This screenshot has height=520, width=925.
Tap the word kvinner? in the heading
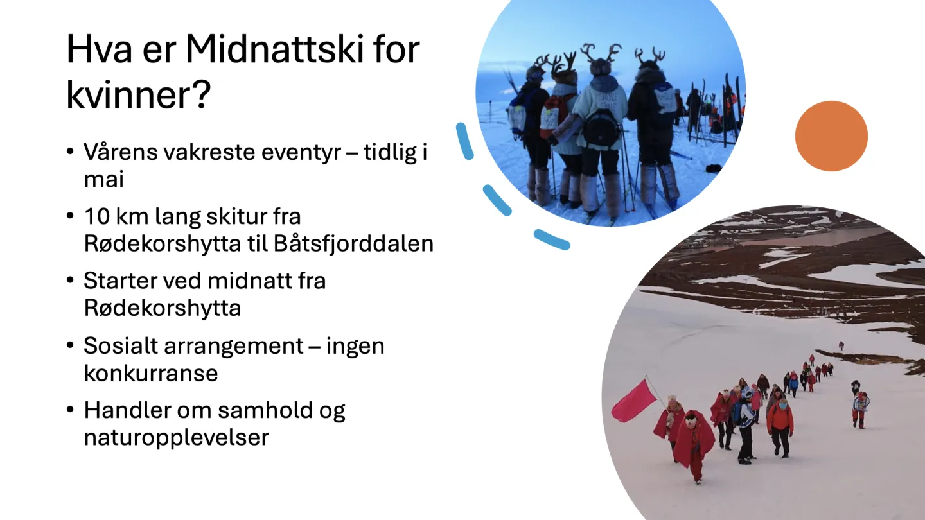coord(138,96)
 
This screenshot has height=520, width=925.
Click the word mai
coord(103,180)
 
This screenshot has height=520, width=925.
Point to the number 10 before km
coord(97,216)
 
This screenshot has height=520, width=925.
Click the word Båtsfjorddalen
coord(353,243)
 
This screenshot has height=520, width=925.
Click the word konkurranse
coord(151,373)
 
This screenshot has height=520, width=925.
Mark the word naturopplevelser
coord(176,438)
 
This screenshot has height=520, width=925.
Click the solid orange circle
coord(831,136)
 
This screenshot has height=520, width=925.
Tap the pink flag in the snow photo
coord(633,401)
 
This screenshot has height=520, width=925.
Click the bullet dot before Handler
coord(70,410)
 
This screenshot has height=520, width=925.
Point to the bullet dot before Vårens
coord(70,152)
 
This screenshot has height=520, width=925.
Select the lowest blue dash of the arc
coord(552,240)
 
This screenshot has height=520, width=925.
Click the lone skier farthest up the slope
coord(841,345)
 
